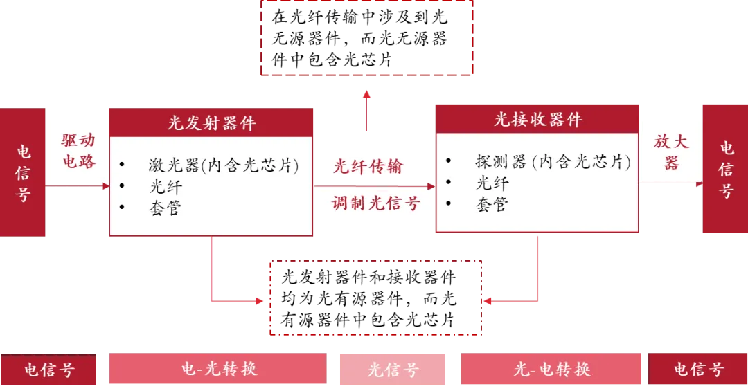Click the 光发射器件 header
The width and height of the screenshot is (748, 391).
point(211,123)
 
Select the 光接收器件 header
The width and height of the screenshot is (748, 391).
point(537,120)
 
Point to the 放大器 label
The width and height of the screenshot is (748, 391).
point(671,152)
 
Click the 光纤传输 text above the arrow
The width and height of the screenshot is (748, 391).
point(368,166)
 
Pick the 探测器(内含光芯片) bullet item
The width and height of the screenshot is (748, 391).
point(553,162)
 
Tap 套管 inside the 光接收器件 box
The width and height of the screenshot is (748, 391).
point(492,204)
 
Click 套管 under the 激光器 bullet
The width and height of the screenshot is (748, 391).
point(165,208)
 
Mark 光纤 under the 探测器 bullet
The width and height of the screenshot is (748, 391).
point(492,183)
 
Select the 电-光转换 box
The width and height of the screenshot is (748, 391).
point(217,369)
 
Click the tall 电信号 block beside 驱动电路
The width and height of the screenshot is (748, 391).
point(24,172)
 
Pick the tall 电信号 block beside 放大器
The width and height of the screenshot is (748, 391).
point(725,170)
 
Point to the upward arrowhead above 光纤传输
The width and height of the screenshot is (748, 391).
point(366,94)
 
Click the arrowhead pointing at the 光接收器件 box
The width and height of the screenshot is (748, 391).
point(430,185)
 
